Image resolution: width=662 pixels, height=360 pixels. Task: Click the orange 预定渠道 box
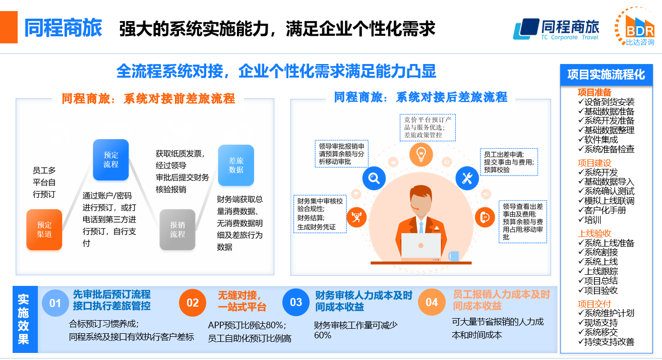click(44, 229)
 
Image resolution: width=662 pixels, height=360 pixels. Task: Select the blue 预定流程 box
click(111, 160)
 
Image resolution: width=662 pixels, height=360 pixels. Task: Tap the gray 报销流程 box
click(177, 229)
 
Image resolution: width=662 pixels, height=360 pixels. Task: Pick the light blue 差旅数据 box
click(236, 165)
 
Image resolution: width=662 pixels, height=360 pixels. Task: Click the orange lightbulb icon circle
click(421, 153)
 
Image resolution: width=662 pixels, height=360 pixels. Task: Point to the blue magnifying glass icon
click(374, 178)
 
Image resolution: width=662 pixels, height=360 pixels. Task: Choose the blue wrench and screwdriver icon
click(467, 178)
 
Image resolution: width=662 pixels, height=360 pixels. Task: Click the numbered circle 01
click(55, 303)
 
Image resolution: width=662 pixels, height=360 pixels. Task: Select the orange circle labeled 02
click(193, 303)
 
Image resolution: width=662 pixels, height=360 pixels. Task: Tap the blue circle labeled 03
click(296, 303)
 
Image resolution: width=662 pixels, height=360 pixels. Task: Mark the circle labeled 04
click(432, 303)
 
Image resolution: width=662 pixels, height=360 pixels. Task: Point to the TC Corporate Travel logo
click(556, 29)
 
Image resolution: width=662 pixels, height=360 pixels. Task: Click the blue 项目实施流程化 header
click(606, 75)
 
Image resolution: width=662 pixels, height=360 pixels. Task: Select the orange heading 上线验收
click(594, 233)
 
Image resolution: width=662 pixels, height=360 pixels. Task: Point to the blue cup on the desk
click(453, 256)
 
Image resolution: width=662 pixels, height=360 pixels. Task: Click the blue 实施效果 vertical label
click(24, 319)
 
